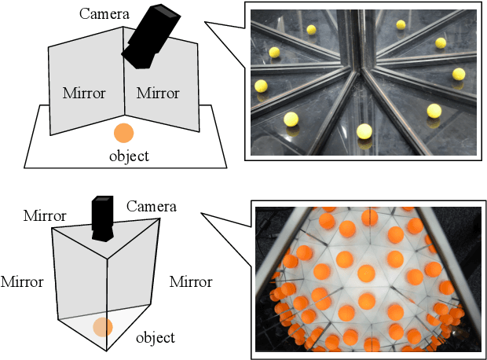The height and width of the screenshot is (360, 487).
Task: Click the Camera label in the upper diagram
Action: tap(103, 13)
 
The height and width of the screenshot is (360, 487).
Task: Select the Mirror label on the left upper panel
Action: tap(83, 94)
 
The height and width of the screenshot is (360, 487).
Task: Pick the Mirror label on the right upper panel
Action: tap(158, 94)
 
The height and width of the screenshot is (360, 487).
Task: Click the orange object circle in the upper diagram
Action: tap(123, 133)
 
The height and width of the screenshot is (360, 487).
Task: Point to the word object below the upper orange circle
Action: tap(129, 156)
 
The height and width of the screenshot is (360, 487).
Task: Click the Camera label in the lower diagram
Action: tap(151, 207)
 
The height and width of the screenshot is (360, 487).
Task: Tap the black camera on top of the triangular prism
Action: tap(103, 219)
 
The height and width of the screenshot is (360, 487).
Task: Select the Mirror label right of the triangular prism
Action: tap(191, 281)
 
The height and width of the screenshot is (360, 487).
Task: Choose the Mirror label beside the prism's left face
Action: tap(22, 281)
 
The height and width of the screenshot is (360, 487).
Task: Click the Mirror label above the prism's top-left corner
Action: tap(45, 215)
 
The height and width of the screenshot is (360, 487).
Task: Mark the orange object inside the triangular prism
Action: tap(103, 327)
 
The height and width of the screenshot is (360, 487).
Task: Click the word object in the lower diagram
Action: tap(156, 338)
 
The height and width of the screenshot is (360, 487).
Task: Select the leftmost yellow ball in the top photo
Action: tap(261, 86)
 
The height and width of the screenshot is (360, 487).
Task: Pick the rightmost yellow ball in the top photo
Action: tap(459, 74)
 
